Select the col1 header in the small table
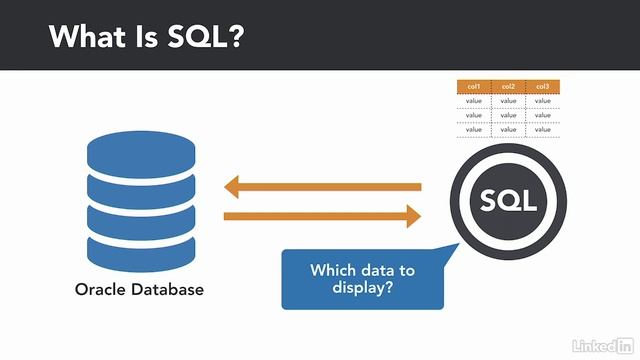[x=474, y=87]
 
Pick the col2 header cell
[x=508, y=87]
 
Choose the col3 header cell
[x=542, y=87]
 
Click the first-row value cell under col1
[x=474, y=100]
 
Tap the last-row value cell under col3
[x=542, y=129]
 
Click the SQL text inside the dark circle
[x=508, y=200]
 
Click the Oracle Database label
[x=139, y=291]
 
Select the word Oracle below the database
[x=103, y=291]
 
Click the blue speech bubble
[x=362, y=279]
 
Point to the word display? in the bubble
[x=362, y=288]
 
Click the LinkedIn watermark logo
[x=598, y=344]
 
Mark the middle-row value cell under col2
[x=508, y=114]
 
